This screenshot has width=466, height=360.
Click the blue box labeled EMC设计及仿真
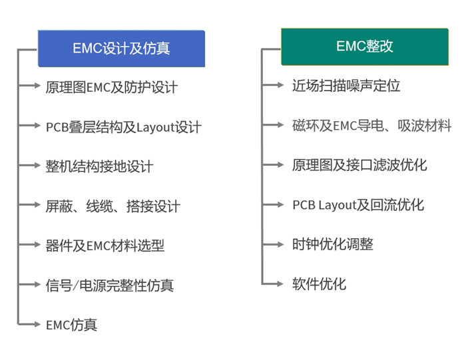[121, 49]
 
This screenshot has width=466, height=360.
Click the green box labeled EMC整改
[365, 47]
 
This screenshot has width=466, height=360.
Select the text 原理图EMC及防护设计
[112, 87]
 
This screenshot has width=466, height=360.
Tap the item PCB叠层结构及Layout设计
[124, 127]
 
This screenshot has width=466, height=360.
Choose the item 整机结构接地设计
[100, 166]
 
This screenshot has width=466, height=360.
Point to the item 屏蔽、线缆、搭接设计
[113, 206]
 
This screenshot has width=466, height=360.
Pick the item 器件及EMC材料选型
[105, 246]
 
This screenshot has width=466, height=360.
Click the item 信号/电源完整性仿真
[110, 285]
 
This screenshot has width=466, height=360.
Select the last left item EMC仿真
[72, 325]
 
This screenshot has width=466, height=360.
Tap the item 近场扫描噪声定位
[346, 86]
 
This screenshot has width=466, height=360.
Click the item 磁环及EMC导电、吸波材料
[372, 125]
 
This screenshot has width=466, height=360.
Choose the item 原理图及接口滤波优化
[359, 165]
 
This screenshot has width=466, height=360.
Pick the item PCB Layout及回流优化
[358, 205]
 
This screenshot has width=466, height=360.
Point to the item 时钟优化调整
[333, 244]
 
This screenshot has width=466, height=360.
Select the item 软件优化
[319, 283]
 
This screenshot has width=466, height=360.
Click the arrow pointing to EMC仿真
[29, 324]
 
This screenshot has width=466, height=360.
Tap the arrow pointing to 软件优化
[273, 283]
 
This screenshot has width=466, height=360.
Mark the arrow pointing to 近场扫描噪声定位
[273, 85]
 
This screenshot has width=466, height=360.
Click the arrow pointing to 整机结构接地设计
[29, 165]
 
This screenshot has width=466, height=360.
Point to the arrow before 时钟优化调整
[273, 244]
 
